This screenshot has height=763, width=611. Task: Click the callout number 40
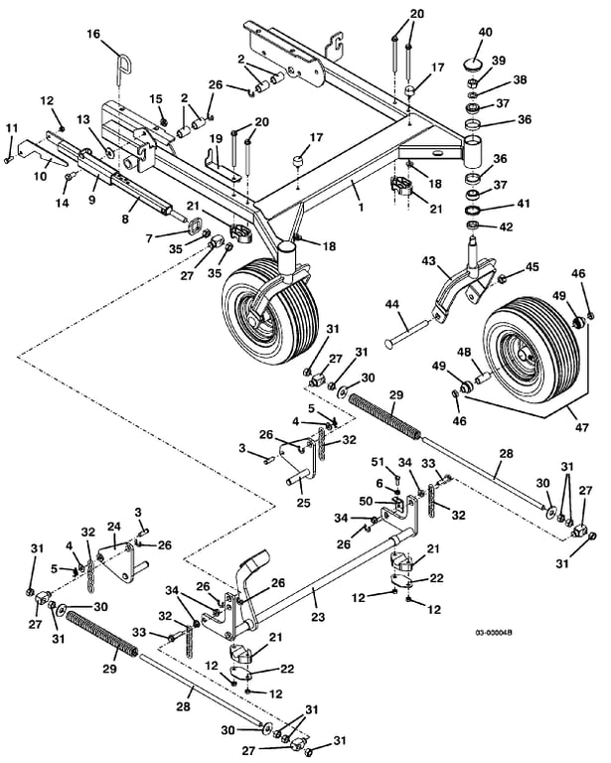tap(485, 32)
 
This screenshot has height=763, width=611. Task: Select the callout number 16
tap(93, 34)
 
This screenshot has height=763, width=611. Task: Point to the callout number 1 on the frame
tap(361, 207)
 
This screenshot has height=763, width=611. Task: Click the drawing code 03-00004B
tap(494, 633)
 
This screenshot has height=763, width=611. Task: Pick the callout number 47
tap(582, 427)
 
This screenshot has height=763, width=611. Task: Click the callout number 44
tap(392, 305)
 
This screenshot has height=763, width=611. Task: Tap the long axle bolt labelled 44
tap(407, 333)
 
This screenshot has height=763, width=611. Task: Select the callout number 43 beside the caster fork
tap(428, 261)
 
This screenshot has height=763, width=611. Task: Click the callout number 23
tap(318, 617)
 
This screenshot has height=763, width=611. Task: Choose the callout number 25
tap(304, 502)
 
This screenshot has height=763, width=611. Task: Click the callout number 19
tap(216, 140)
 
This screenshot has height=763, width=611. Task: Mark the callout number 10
tap(41, 175)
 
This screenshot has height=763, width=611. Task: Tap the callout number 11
tap(12, 128)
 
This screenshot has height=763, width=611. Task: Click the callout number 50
tap(366, 501)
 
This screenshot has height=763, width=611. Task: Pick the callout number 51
tap(378, 462)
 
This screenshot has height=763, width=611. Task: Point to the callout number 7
tap(149, 238)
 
